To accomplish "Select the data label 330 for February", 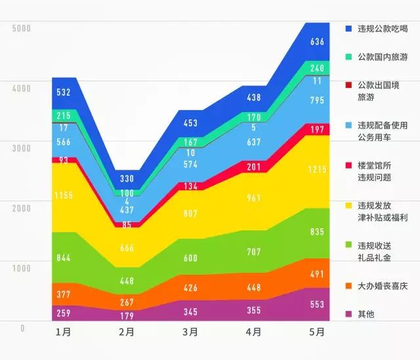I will [x=127, y=179].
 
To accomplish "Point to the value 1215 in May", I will [x=317, y=169].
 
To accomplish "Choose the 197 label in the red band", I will [x=317, y=130].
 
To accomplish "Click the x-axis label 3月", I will [x=190, y=332].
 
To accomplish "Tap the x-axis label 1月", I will [x=64, y=332].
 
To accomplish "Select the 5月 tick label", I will [x=316, y=332].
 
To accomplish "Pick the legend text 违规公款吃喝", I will [x=383, y=29].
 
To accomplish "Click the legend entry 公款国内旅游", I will [x=383, y=57].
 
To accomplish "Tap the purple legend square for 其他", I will [x=348, y=314].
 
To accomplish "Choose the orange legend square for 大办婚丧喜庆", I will [x=348, y=286].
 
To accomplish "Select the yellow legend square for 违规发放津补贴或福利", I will [x=348, y=205].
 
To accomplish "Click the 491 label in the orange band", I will [x=317, y=275].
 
